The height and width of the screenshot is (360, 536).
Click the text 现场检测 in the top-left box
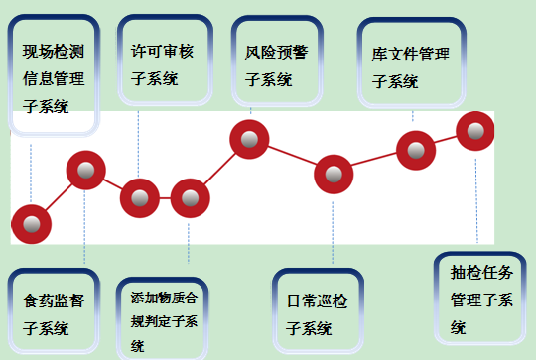54,52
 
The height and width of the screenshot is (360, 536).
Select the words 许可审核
162,52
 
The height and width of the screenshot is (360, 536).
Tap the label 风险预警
276,53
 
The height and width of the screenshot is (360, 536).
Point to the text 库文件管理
411,55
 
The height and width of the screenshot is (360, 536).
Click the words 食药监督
54,301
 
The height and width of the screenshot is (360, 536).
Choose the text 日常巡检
317,301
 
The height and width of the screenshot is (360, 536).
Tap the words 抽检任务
481,273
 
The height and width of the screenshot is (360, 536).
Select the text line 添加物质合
164,298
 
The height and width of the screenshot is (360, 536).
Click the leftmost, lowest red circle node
31,224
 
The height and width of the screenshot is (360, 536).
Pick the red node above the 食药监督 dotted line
85,171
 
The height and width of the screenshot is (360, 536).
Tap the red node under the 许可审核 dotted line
140,198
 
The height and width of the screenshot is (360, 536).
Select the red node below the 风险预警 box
249,140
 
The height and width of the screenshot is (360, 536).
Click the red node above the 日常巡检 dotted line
334,175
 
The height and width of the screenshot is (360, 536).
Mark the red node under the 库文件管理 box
416,151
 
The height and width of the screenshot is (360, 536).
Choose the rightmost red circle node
475,131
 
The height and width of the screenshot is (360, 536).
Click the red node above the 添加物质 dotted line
190,198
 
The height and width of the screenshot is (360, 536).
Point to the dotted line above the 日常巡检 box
333,232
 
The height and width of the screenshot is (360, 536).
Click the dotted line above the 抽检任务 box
476,201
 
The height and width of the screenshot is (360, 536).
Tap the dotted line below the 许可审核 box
138,144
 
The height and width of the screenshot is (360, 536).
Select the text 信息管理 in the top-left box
54,79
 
